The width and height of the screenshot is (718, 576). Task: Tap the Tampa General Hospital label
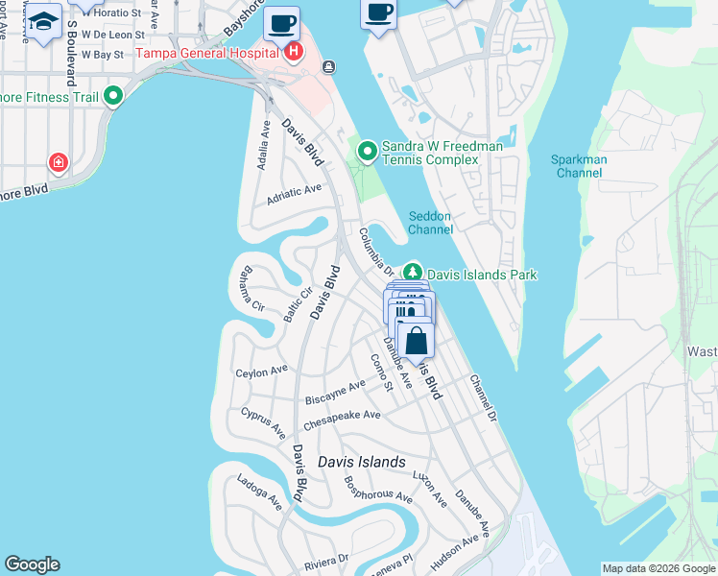click(x=209, y=53)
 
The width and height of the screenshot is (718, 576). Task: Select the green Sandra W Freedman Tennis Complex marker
click(x=367, y=152)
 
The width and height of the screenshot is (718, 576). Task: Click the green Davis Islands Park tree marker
click(x=413, y=274)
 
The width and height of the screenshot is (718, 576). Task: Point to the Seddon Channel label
click(x=430, y=223)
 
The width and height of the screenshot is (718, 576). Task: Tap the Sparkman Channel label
click(x=579, y=166)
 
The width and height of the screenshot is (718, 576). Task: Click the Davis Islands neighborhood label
click(x=361, y=462)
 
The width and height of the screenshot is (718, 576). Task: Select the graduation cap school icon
click(x=42, y=20)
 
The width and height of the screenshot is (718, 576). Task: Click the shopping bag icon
click(x=416, y=341)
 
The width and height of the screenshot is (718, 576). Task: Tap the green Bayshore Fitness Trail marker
click(x=113, y=96)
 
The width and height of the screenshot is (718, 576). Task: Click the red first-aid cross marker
click(x=60, y=162)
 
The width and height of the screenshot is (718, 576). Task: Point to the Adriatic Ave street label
click(x=295, y=191)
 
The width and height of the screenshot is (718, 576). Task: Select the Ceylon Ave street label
click(x=262, y=370)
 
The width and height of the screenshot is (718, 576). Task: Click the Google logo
click(x=32, y=564)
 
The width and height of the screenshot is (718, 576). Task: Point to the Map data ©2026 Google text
click(x=658, y=568)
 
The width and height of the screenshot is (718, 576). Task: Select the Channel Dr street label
click(x=482, y=396)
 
